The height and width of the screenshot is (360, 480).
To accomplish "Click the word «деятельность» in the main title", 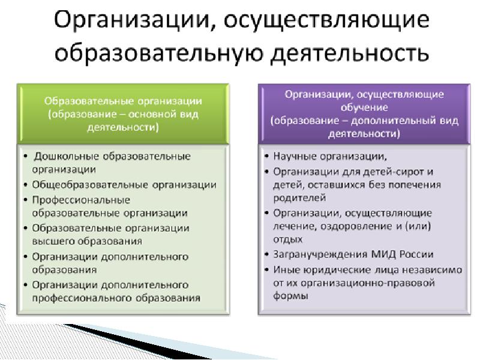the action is pos(350,53).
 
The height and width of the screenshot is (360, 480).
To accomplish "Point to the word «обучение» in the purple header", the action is pos(364,107).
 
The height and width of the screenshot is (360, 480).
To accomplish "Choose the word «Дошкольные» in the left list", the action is pos(67,157).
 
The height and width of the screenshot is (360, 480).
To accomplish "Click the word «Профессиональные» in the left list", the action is pos(81,200).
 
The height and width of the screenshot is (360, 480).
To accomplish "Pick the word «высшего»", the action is pos(53,242).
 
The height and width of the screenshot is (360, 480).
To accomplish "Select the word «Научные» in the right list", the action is pos(293,157).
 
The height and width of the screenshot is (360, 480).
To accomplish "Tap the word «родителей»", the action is pos(299,199).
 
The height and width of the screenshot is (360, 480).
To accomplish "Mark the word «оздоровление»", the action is pos(357,227).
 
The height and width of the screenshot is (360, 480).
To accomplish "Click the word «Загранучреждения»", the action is pos(320,254).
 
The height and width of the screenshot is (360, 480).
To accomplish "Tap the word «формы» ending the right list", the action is pos(290,296).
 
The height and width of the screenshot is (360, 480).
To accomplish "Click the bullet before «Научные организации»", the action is pos(267,157).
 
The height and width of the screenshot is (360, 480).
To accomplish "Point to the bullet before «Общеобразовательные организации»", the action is pos(26,185).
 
